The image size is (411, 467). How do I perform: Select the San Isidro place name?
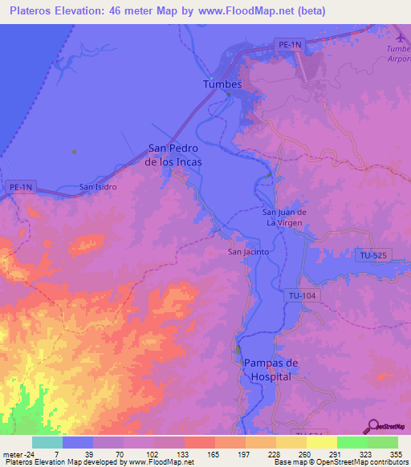[98, 187]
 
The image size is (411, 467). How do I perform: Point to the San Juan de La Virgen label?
[285, 217]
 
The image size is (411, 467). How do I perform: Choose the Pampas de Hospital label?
[270, 370]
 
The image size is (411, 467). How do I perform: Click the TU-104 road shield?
[303, 296]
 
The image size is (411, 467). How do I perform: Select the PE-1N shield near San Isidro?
[22, 187]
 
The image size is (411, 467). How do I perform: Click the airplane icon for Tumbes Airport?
[401, 36]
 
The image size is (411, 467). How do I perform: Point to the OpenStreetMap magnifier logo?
[375, 427]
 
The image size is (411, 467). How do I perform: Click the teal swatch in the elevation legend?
[47, 442]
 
